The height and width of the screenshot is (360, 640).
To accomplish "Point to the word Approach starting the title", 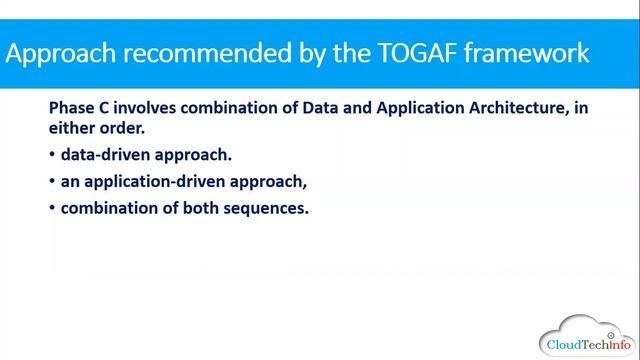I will click(x=61, y=52).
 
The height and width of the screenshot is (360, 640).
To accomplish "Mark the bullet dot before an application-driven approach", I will click(x=52, y=183).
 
